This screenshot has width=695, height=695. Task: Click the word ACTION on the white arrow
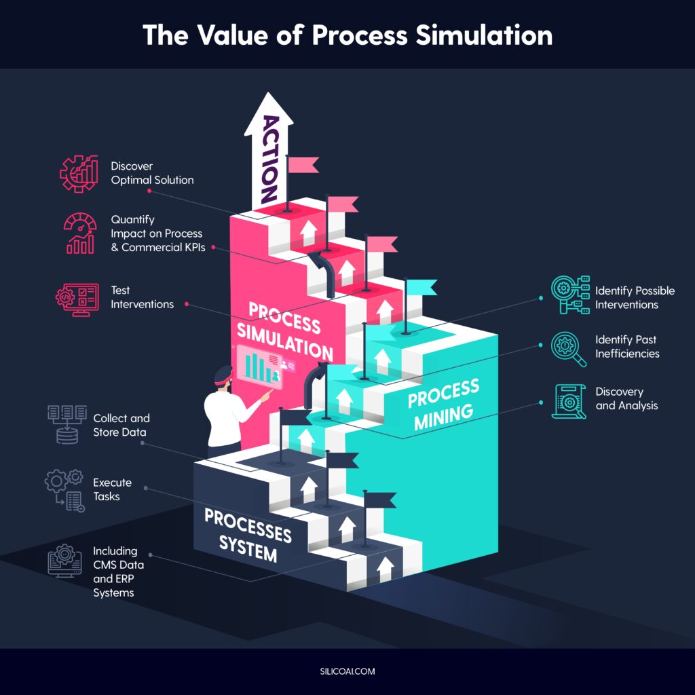coord(270,159)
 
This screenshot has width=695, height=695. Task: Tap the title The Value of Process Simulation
coord(347,35)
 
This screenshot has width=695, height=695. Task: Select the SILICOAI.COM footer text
coord(347,671)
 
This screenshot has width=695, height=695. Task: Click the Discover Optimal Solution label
coord(152,173)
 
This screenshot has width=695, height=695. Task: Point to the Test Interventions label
coord(142,297)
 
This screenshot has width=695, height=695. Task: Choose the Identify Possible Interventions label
coord(635,297)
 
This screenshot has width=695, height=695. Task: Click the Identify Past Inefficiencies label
coord(627,346)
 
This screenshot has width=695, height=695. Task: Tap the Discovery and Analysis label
coord(626,398)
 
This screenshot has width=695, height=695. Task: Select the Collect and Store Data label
coord(121,425)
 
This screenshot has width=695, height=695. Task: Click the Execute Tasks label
coord(112,489)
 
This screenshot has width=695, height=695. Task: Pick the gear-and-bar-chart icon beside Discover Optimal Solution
coord(79,173)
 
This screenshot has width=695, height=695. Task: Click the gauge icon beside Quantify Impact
coord(80,233)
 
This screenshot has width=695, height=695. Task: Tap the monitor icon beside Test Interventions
coord(77,299)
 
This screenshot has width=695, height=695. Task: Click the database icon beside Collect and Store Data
coord(67,424)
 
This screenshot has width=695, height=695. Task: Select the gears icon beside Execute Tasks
coord(64,490)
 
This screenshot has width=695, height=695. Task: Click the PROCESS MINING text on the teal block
coord(443,405)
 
